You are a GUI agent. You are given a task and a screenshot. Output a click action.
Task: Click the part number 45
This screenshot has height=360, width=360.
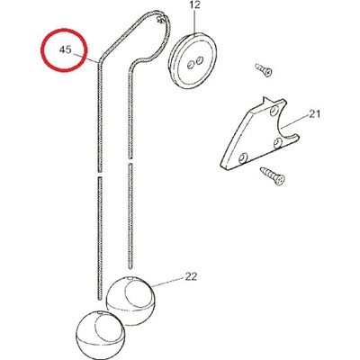(x=65, y=49)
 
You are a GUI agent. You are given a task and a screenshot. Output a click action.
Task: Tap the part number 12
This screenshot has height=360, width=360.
(x=194, y=5)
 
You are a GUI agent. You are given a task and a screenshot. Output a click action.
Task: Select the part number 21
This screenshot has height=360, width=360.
(x=314, y=114)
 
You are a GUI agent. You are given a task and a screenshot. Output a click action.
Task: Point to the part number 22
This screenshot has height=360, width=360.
(x=191, y=276)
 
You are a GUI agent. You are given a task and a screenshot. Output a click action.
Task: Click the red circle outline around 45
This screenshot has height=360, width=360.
(x=41, y=49)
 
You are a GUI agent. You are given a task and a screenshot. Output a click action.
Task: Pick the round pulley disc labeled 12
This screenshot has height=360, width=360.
(x=193, y=61)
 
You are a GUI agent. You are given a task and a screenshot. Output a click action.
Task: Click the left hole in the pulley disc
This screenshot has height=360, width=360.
(x=190, y=65)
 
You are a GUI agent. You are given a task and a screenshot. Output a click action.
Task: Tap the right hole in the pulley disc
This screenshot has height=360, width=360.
(x=198, y=61)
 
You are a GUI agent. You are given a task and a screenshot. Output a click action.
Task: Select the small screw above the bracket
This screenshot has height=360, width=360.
(x=264, y=69)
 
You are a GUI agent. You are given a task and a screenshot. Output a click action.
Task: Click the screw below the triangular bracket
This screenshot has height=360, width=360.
(x=273, y=176)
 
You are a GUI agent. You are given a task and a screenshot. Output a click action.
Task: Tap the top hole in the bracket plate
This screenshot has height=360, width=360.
(x=274, y=112)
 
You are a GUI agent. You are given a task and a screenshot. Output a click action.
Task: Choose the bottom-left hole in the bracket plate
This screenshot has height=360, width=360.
(x=243, y=157)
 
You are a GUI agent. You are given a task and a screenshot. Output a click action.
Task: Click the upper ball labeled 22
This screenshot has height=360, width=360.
(x=130, y=300)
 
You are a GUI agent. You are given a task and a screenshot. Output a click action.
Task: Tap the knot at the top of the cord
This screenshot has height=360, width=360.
(x=161, y=19)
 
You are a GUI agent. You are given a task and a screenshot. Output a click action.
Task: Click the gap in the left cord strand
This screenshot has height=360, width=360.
(x=100, y=175)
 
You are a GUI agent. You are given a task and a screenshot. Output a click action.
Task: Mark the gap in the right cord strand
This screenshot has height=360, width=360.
(x=130, y=161)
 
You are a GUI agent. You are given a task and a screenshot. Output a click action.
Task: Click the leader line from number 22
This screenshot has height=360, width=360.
(x=168, y=283)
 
